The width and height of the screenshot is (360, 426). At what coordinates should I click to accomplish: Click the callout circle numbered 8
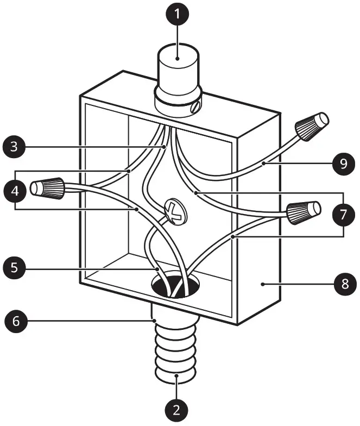pos(344,284)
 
